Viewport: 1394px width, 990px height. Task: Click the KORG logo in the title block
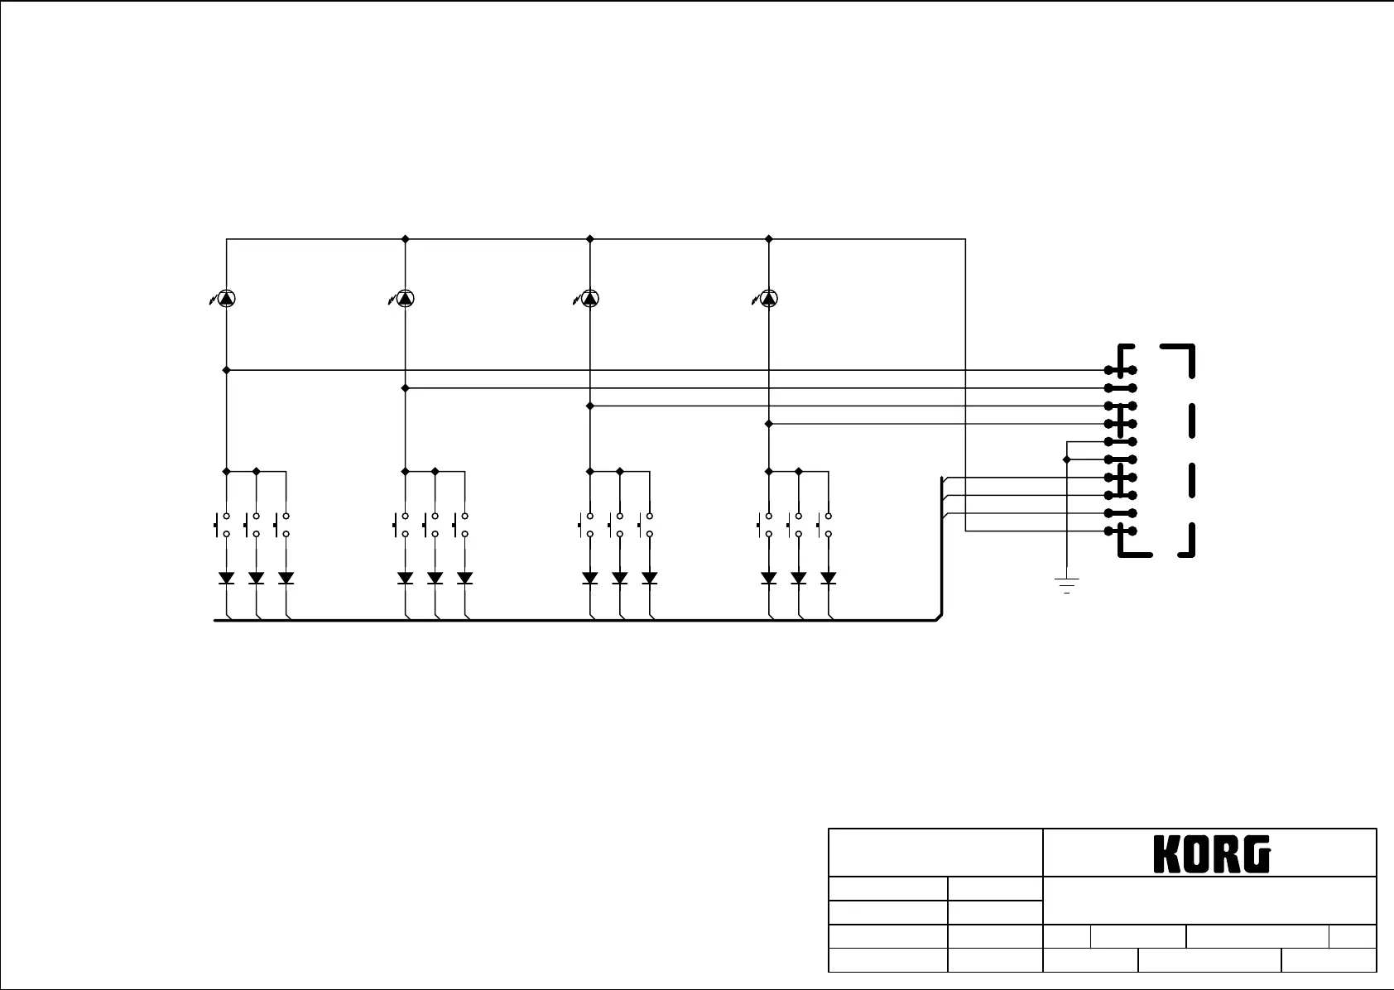point(1211,853)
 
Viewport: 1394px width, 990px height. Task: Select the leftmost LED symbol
point(226,298)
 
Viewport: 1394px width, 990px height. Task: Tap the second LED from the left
point(405,298)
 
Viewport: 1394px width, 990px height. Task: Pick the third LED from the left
point(589,298)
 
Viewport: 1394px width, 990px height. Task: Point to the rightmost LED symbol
point(769,298)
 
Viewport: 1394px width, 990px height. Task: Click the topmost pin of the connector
point(1121,370)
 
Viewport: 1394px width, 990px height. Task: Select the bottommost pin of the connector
point(1121,531)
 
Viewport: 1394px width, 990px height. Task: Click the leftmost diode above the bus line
point(226,578)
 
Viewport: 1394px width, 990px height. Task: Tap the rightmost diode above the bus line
point(828,578)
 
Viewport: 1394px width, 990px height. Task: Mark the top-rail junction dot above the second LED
point(405,238)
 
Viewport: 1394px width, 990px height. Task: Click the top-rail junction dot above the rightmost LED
point(769,238)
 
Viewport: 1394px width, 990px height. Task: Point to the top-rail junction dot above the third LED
point(589,238)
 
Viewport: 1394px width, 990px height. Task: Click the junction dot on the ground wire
point(1067,459)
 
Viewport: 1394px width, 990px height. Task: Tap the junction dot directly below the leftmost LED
point(226,370)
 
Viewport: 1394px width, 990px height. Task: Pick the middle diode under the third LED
point(620,578)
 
